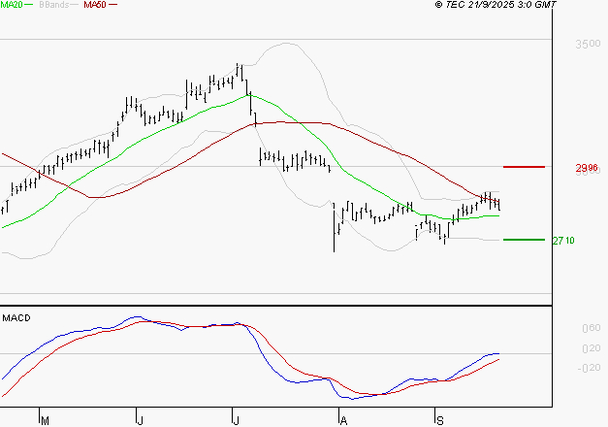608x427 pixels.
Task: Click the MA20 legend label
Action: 11,6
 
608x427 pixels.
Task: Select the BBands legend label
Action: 53,6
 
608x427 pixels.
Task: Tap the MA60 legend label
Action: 95,6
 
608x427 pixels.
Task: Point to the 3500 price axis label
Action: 587,45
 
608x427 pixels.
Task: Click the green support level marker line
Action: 525,239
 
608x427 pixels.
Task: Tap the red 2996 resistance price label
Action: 586,168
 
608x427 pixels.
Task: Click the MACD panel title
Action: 16,317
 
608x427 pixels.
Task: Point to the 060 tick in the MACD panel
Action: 590,329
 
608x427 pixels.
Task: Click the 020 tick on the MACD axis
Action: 590,347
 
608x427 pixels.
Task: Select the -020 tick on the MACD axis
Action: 588,367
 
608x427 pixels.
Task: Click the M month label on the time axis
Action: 45,420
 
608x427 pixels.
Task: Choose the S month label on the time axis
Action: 439,420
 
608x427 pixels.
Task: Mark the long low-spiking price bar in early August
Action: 334,228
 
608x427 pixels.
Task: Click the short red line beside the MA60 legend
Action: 112,6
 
